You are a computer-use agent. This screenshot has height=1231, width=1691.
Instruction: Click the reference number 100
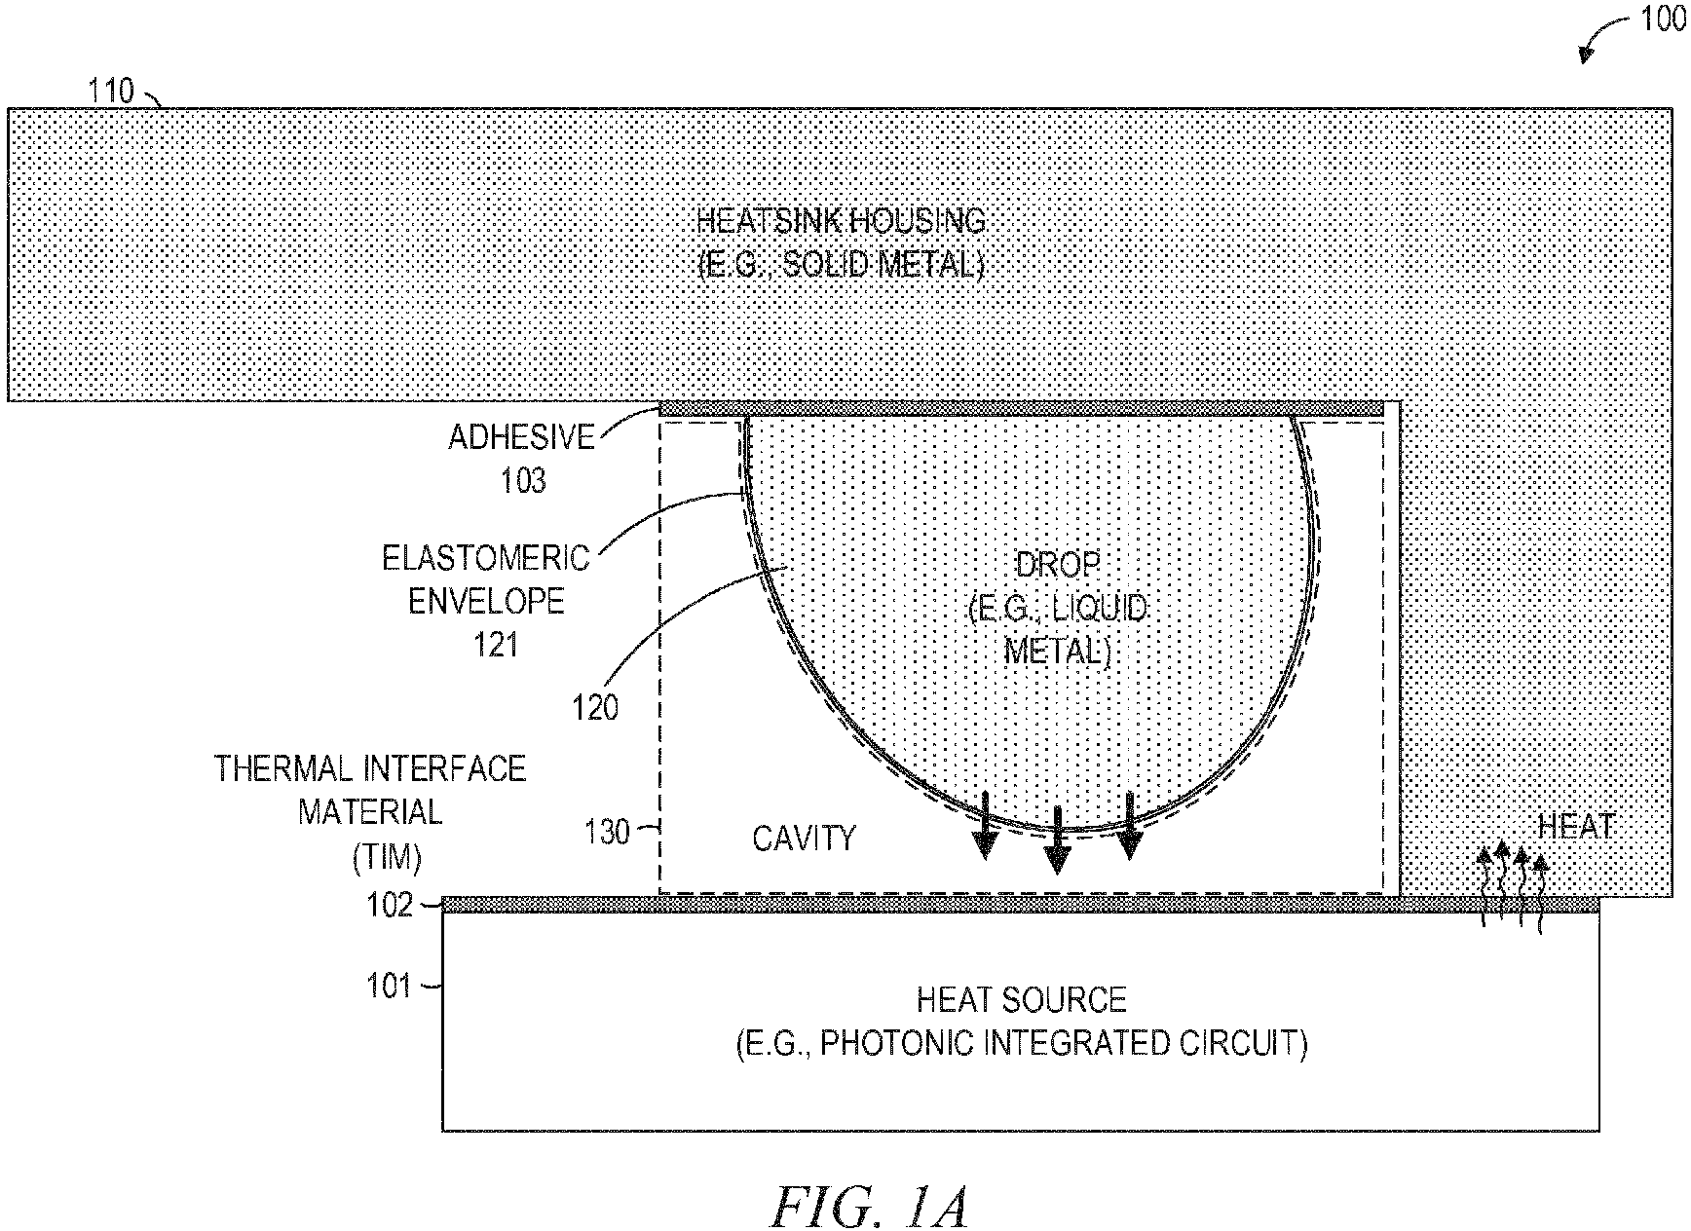click(1662, 19)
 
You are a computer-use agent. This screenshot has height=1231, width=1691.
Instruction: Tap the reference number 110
click(110, 92)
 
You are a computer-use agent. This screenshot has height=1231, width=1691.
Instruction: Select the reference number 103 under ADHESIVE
click(523, 480)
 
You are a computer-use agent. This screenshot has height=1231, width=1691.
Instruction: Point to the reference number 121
click(496, 644)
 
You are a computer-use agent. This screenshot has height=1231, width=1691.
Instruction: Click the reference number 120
click(595, 707)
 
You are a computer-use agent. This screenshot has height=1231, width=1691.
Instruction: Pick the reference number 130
click(607, 832)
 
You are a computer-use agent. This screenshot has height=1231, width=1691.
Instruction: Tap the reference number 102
click(390, 906)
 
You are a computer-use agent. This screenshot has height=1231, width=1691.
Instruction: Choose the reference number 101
click(390, 987)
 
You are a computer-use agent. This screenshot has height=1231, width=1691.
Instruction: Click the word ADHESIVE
click(521, 437)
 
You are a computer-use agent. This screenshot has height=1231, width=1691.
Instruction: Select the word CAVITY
click(804, 839)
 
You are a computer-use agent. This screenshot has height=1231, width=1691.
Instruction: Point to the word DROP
click(1058, 564)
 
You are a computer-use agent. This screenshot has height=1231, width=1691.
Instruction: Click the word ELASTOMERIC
click(486, 558)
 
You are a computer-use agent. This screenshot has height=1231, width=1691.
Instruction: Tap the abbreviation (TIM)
click(387, 857)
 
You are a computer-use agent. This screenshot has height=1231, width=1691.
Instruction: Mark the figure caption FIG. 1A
click(870, 1207)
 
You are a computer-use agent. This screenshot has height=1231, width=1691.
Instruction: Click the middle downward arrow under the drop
click(1057, 840)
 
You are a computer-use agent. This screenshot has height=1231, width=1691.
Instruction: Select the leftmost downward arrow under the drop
click(986, 826)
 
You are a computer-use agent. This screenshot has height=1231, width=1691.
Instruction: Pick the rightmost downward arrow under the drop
click(1129, 826)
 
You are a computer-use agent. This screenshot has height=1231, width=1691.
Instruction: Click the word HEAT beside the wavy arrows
click(1576, 828)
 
